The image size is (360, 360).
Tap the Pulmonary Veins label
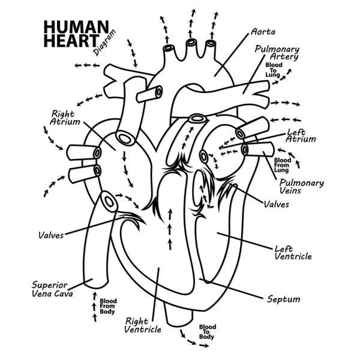pos(302,187)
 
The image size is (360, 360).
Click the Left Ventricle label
pos(292,252)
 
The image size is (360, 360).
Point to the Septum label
pos(283,299)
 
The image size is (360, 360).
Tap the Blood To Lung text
pos(274,70)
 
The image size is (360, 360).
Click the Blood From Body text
pos(108,307)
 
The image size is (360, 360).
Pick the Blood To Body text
pos(207,332)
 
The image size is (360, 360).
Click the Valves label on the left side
pos(50,236)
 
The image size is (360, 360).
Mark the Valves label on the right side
pos(276,204)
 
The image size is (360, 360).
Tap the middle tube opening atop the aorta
pos(191,43)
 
